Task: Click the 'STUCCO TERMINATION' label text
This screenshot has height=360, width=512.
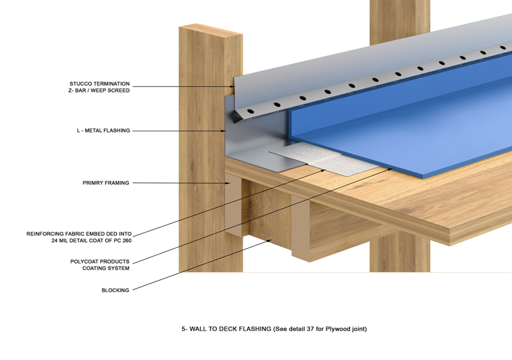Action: (x=99, y=83)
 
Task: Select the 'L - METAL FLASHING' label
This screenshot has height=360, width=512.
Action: (x=100, y=130)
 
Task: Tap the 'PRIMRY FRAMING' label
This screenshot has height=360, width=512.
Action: (x=105, y=183)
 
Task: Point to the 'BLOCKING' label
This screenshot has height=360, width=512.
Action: (x=115, y=290)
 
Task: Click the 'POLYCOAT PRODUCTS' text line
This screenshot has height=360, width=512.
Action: (x=100, y=261)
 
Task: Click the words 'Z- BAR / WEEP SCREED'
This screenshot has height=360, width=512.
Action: (x=99, y=90)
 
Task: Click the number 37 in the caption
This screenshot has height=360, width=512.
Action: (x=311, y=329)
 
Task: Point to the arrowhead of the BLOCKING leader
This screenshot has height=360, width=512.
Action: (x=270, y=241)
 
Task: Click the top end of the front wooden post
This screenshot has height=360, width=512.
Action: (x=211, y=29)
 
